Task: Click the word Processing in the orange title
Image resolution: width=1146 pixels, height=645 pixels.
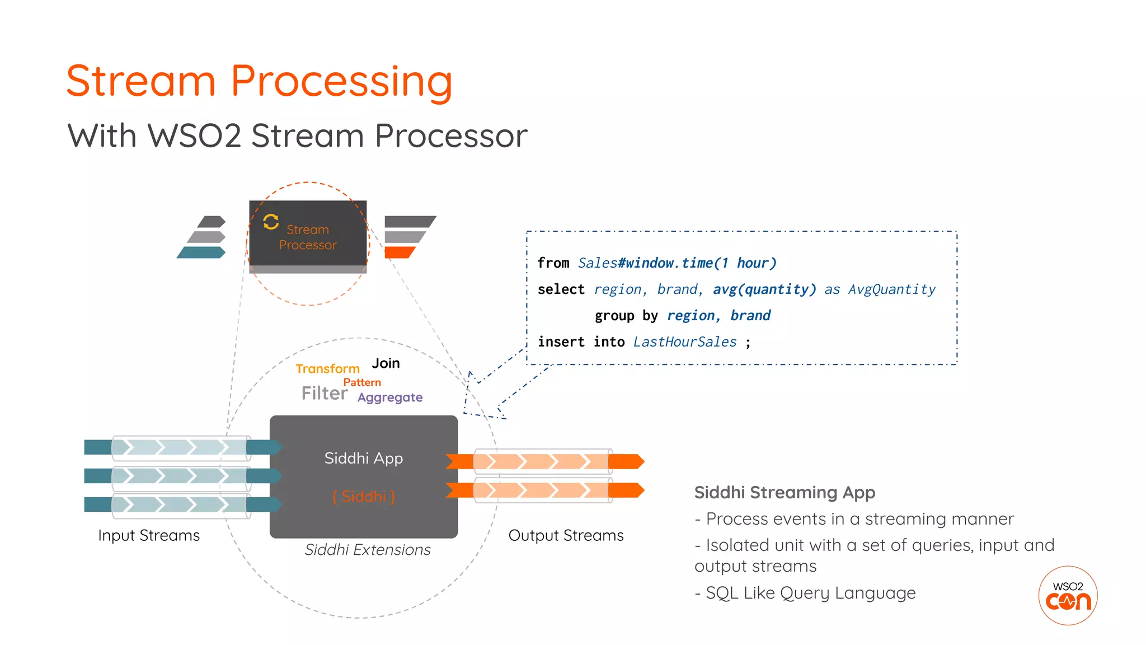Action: pyautogui.click(x=341, y=82)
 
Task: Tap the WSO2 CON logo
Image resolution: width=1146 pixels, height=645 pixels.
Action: pyautogui.click(x=1068, y=595)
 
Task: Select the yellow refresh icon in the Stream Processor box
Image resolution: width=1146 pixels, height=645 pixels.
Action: pyautogui.click(x=271, y=222)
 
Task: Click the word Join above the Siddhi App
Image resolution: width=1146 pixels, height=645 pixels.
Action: pyautogui.click(x=386, y=363)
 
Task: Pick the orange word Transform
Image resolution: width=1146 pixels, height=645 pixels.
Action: pyautogui.click(x=327, y=368)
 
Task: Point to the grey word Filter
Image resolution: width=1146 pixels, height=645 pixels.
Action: pyautogui.click(x=324, y=393)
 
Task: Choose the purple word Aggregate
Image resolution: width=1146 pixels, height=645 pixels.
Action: pyautogui.click(x=390, y=398)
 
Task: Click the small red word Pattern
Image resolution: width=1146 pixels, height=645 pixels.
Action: pyautogui.click(x=362, y=382)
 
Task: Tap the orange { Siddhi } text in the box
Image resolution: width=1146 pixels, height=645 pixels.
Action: pyautogui.click(x=364, y=497)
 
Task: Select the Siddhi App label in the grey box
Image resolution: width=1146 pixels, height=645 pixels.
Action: pyautogui.click(x=364, y=459)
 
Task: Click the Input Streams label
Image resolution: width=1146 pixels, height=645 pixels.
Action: pyautogui.click(x=149, y=536)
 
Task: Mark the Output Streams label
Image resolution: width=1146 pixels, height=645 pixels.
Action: pyautogui.click(x=566, y=536)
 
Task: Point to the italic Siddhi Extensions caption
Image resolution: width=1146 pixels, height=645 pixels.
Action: pyautogui.click(x=368, y=550)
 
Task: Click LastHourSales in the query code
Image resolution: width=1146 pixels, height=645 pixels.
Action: pyautogui.click(x=685, y=342)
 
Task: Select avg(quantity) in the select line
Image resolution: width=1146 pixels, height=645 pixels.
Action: pyautogui.click(x=764, y=289)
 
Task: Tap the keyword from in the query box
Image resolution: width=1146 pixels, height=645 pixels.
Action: pyautogui.click(x=553, y=263)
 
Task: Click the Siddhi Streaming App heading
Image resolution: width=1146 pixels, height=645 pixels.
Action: pyautogui.click(x=785, y=493)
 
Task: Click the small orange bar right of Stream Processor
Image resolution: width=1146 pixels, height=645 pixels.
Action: pyautogui.click(x=400, y=253)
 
